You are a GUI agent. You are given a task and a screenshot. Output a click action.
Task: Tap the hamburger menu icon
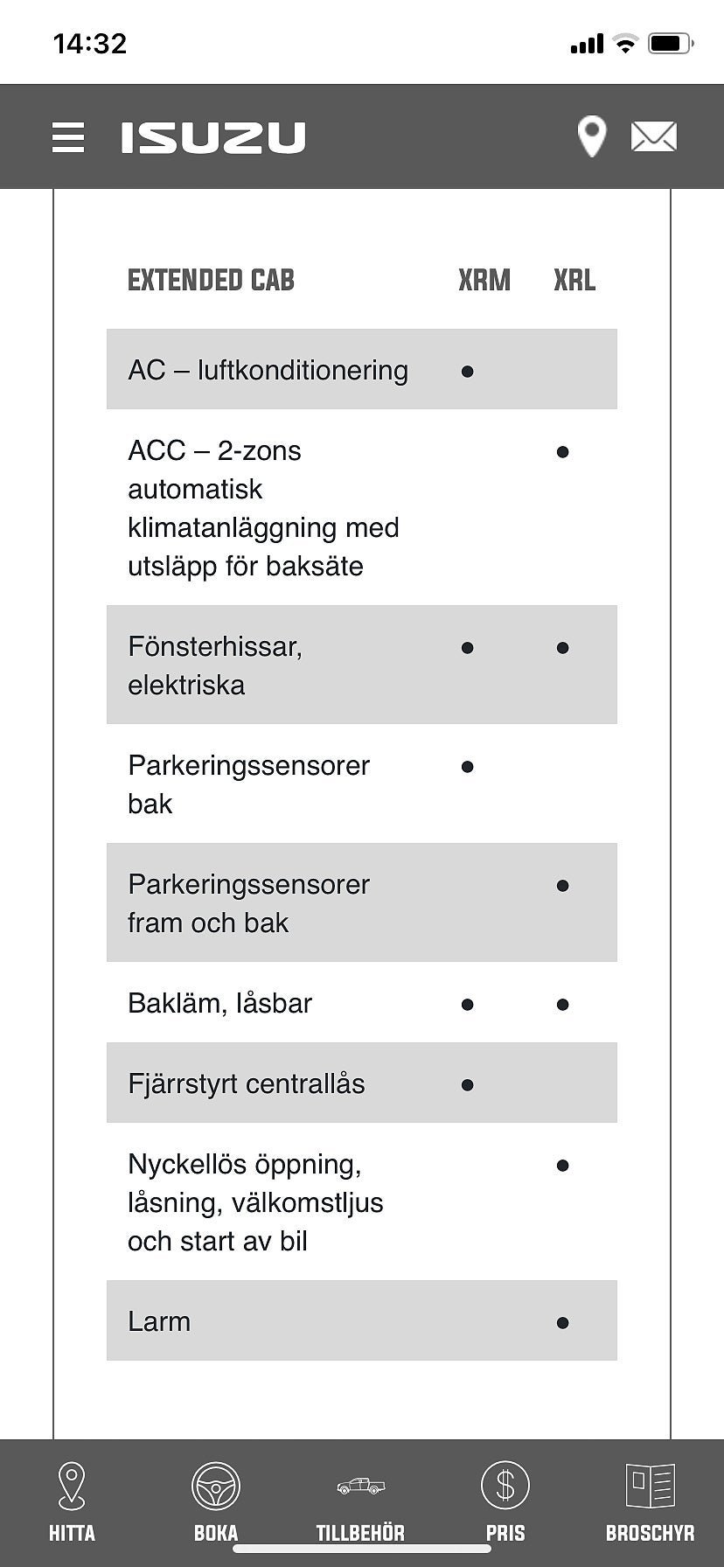tap(68, 137)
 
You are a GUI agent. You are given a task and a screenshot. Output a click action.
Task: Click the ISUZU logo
tap(213, 137)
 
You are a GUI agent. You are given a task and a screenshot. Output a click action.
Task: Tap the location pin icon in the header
tap(592, 137)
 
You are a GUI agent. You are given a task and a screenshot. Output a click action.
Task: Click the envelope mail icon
tap(653, 137)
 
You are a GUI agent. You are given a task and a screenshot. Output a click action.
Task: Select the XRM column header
tap(484, 281)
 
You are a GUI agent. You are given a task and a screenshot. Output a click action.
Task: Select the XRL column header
tap(574, 281)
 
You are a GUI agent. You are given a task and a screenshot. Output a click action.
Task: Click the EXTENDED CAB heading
tap(211, 281)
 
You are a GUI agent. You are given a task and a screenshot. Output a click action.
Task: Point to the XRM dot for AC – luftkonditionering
tap(467, 372)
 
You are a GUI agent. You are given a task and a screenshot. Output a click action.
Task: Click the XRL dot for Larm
tap(562, 1323)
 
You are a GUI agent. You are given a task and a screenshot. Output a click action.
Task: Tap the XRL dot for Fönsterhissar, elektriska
tap(562, 648)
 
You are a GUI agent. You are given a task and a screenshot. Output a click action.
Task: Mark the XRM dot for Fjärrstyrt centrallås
tap(467, 1085)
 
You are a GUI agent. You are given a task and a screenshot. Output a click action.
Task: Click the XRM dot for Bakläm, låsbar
tap(467, 1005)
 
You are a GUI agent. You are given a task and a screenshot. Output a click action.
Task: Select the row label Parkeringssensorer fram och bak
tap(248, 903)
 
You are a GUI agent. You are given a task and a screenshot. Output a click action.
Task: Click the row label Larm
tap(159, 1321)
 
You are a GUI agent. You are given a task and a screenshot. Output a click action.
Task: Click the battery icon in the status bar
tap(670, 43)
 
